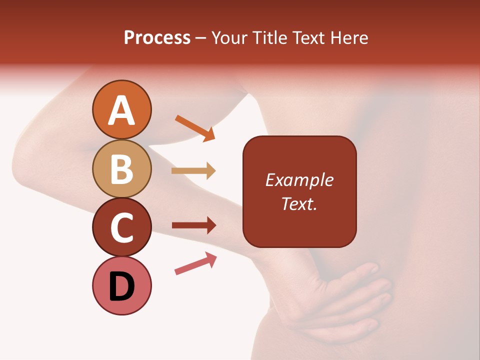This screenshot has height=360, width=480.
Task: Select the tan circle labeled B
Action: [121, 168]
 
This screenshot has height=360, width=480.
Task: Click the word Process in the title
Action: [157, 38]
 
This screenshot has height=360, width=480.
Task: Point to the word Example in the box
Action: [299, 180]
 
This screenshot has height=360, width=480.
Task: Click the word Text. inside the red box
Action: [299, 203]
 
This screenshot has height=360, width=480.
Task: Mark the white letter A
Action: [121, 110]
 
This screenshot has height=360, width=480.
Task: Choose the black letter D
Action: [121, 287]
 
